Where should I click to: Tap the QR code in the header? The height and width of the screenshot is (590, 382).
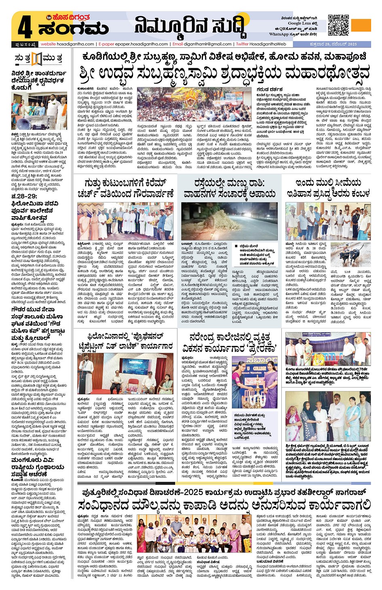coord(338,25)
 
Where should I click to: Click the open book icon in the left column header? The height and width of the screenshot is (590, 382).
coord(37,59)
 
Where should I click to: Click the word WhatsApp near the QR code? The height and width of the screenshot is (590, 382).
coord(279,34)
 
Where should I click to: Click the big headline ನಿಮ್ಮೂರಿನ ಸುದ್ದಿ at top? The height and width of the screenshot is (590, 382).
coord(190,27)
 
